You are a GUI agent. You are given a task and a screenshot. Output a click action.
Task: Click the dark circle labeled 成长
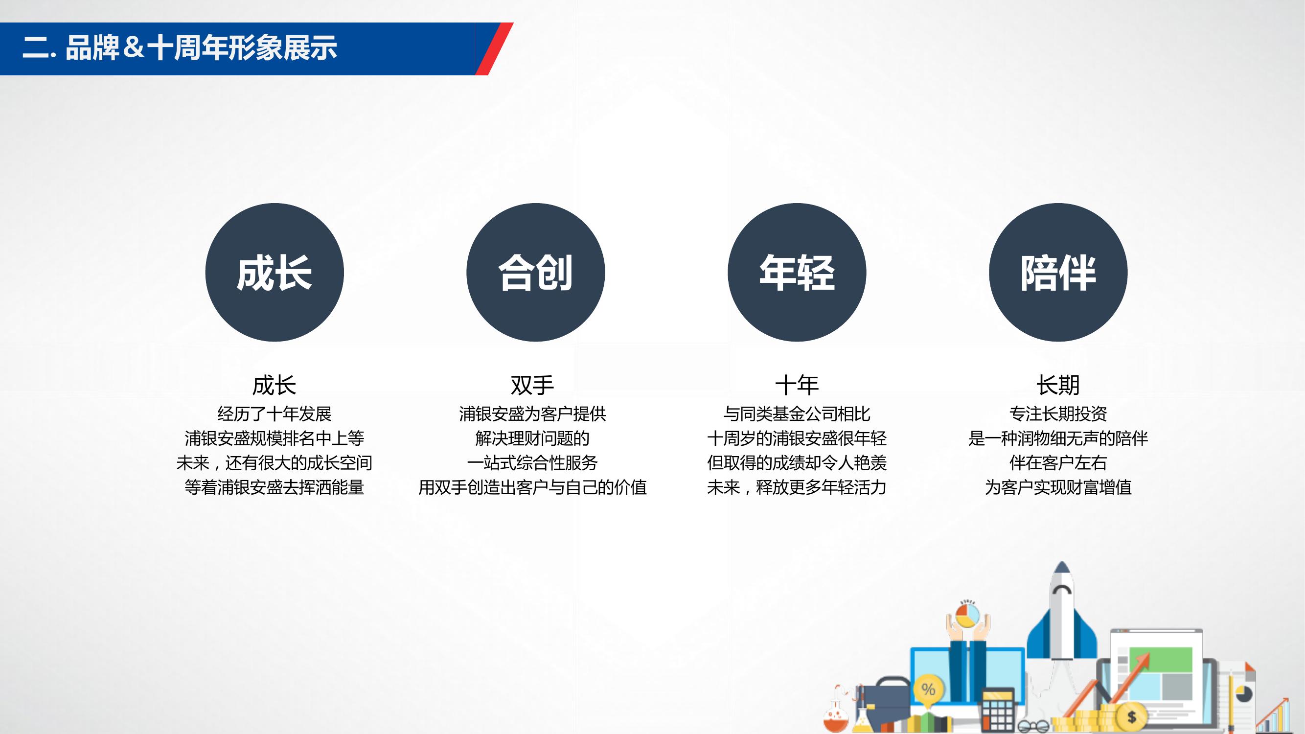click(274, 273)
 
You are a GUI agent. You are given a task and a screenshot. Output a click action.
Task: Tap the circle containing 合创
click(535, 273)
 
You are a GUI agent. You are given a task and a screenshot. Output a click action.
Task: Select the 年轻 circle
click(797, 273)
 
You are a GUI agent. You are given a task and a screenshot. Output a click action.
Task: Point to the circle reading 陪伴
click(1058, 273)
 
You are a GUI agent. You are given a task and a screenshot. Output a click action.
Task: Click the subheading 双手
click(532, 385)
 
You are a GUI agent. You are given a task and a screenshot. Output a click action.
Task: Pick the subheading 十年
click(797, 385)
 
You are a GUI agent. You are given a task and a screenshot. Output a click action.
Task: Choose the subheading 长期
click(1058, 385)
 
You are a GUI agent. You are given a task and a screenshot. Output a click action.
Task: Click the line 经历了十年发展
click(274, 414)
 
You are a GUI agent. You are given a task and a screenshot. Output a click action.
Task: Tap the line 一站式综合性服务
click(532, 462)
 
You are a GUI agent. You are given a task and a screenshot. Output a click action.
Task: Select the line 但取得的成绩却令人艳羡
click(797, 462)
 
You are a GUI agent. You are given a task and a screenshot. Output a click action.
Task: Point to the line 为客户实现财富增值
click(1058, 487)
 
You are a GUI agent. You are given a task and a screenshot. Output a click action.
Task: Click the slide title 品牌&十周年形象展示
click(201, 48)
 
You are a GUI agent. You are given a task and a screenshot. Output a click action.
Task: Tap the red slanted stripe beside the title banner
click(494, 48)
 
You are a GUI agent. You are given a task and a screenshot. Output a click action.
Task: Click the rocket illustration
click(1062, 610)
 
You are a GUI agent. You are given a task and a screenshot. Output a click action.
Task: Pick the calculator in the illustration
click(998, 710)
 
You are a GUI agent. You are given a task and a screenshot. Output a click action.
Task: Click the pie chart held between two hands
click(967, 616)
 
